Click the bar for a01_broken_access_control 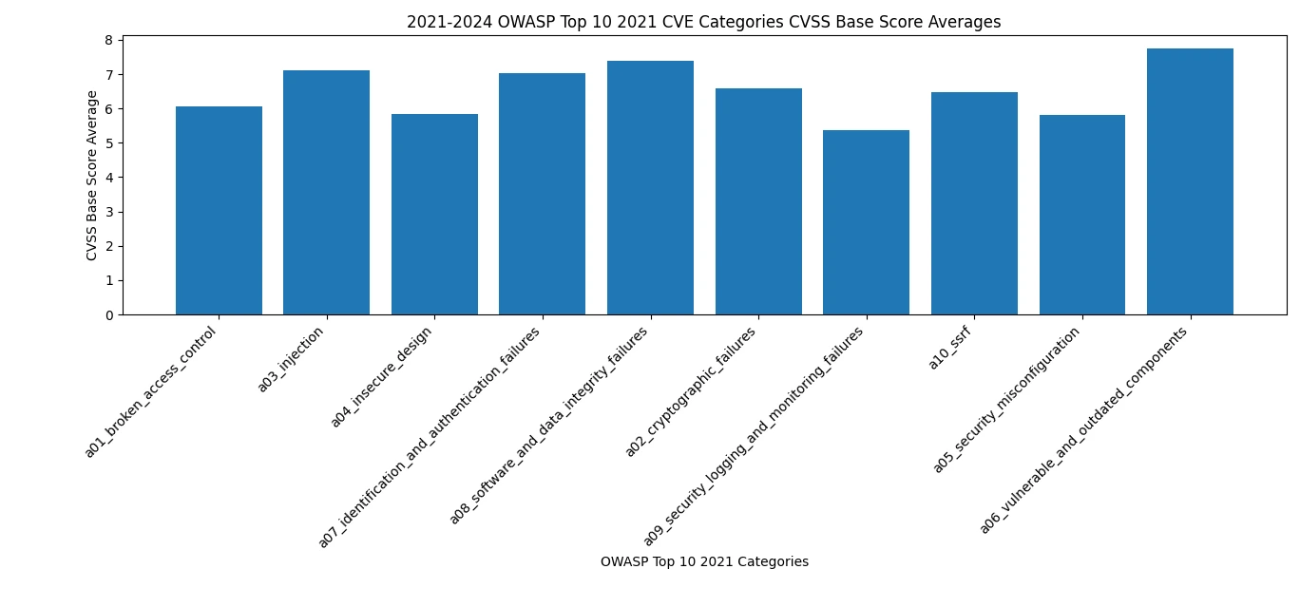(x=219, y=211)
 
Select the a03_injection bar (x=327, y=193)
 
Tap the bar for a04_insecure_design (x=434, y=215)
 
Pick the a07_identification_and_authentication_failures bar (x=543, y=194)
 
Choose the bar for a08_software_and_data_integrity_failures (x=650, y=188)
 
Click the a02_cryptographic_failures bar (x=758, y=201)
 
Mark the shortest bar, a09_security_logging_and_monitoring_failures (x=866, y=222)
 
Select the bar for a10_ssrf (x=974, y=203)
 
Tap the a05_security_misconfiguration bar (x=1081, y=215)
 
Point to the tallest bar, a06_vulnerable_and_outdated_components (x=1190, y=181)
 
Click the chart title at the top (x=703, y=22)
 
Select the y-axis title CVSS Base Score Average (x=92, y=176)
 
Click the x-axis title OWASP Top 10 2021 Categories (x=704, y=562)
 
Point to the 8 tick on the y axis (x=108, y=40)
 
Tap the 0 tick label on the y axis (x=108, y=315)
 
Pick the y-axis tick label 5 (x=108, y=143)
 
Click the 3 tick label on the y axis (x=108, y=212)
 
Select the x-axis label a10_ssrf (x=950, y=348)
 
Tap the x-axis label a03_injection (x=292, y=359)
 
